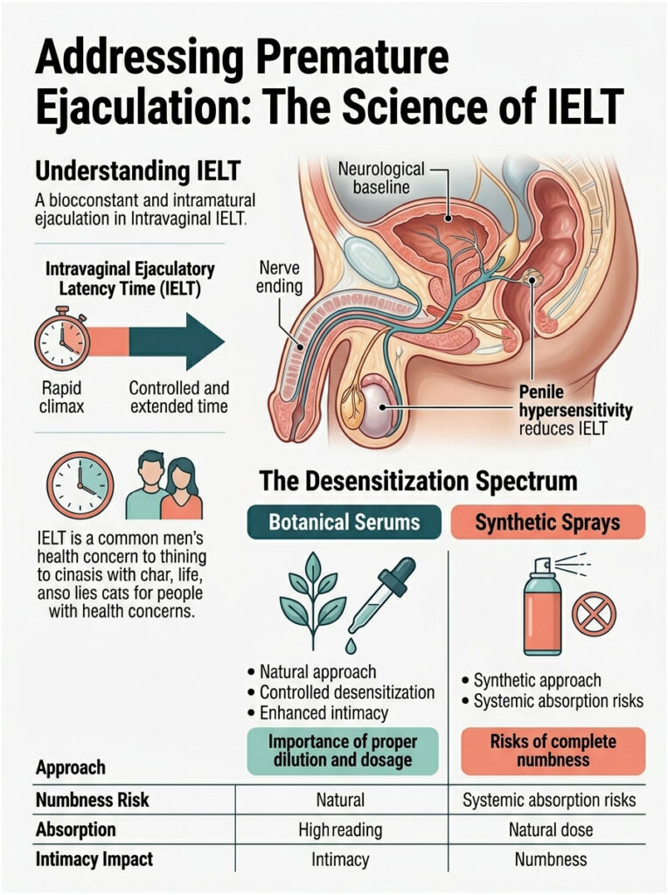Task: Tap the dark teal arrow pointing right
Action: [x=179, y=341]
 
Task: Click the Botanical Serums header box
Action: [x=344, y=523]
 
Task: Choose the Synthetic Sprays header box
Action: [x=547, y=523]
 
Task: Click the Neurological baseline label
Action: [x=380, y=177]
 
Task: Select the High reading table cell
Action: [x=339, y=829]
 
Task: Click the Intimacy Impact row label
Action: [x=94, y=859]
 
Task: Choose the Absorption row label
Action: [x=75, y=829]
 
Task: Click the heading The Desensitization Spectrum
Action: [x=418, y=481]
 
